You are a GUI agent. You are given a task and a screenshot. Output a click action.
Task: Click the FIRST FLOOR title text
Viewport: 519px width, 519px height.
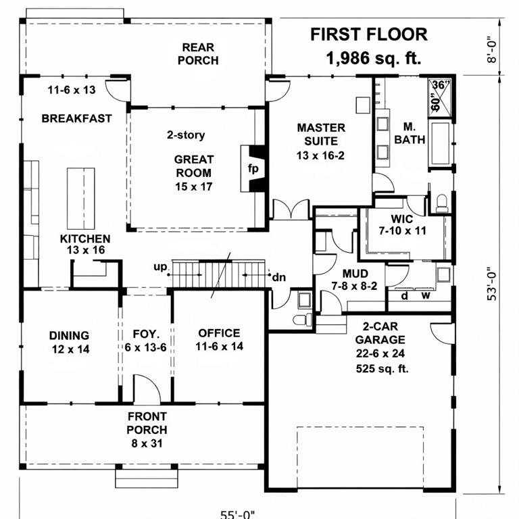coord(368,34)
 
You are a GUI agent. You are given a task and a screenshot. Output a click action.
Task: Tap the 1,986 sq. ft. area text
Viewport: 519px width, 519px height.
coord(373,58)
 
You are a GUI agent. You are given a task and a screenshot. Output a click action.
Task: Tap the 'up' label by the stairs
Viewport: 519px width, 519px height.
coord(160,268)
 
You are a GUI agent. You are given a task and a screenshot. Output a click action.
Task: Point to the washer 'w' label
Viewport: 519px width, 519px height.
coord(426,295)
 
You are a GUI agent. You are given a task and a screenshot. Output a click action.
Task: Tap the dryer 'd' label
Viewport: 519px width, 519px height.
coord(404,295)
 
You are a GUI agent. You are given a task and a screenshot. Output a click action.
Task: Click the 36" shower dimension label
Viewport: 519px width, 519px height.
coord(440,85)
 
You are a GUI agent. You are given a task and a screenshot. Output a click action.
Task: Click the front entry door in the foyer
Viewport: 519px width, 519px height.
coord(147,391)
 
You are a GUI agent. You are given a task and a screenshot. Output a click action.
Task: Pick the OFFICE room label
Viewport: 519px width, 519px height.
coord(218,333)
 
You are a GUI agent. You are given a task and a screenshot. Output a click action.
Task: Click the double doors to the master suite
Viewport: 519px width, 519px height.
coord(291,209)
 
